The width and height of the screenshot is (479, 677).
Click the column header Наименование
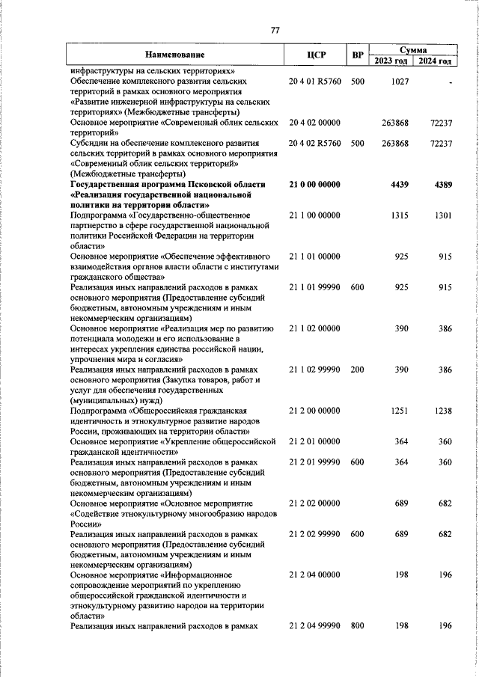point(174,55)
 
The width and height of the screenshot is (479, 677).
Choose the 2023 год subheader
point(391,61)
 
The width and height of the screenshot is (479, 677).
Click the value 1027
point(400,81)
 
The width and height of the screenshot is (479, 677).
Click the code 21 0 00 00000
point(314,184)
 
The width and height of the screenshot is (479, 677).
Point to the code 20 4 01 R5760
point(315,81)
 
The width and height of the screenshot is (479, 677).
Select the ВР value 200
point(357,370)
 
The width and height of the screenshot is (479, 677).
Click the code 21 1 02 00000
point(314,328)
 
